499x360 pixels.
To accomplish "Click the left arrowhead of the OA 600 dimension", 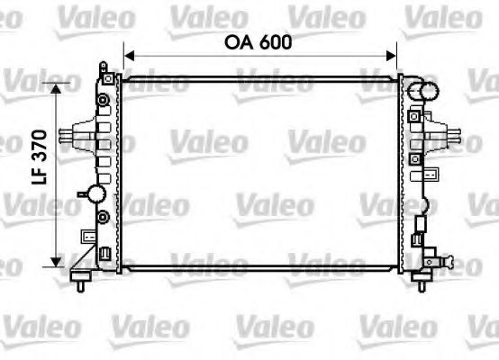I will pyautogui.click(x=128, y=56).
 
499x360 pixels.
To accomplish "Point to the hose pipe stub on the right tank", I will pyautogui.click(x=446, y=139).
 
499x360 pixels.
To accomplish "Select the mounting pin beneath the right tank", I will pyautogui.click(x=419, y=283).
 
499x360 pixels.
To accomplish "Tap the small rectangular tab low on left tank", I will pyautogui.click(x=87, y=237).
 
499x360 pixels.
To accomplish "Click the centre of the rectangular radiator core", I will pyautogui.click(x=259, y=171).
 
